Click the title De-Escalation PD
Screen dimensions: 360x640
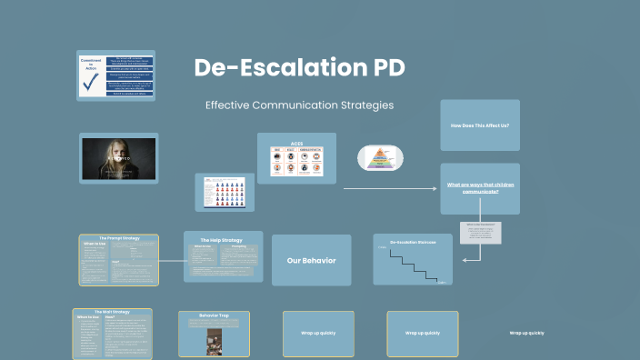(299, 68)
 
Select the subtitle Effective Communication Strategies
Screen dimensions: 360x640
(299, 105)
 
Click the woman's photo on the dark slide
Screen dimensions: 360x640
(118, 158)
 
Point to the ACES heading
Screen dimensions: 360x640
(296, 144)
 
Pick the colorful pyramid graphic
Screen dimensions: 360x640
(379, 158)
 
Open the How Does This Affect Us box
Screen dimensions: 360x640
(480, 125)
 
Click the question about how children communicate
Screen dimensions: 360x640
(479, 188)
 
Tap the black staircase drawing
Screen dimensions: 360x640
(412, 265)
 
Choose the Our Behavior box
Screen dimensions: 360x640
(311, 261)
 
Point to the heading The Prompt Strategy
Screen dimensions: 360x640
(118, 238)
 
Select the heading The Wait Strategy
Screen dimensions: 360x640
(112, 312)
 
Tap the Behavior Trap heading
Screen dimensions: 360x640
(214, 315)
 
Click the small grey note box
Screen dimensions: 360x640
(480, 233)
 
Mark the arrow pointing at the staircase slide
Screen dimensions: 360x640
(471, 260)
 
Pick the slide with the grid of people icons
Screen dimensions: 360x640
(224, 192)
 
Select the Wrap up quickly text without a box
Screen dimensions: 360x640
(526, 334)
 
